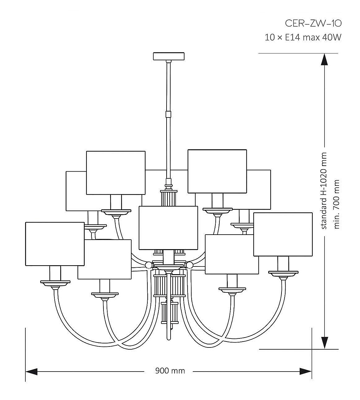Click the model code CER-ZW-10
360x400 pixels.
point(313,23)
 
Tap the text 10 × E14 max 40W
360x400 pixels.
point(303,38)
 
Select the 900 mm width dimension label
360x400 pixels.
point(170,371)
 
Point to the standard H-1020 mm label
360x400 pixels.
point(324,191)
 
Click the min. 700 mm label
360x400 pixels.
point(337,204)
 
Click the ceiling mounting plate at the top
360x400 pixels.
point(169,56)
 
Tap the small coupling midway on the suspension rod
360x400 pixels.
point(168,114)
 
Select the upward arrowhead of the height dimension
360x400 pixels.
point(324,59)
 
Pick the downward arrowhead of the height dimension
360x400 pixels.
point(324,343)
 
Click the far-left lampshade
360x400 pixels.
point(55,244)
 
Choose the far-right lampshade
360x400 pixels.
point(283,234)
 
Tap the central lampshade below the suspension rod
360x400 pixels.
point(168,228)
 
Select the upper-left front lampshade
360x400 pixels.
point(116,173)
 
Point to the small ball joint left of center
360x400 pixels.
point(149,265)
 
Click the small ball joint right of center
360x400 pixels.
point(189,265)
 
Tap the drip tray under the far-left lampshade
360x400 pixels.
point(55,283)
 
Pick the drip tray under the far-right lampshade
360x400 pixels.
point(283,274)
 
